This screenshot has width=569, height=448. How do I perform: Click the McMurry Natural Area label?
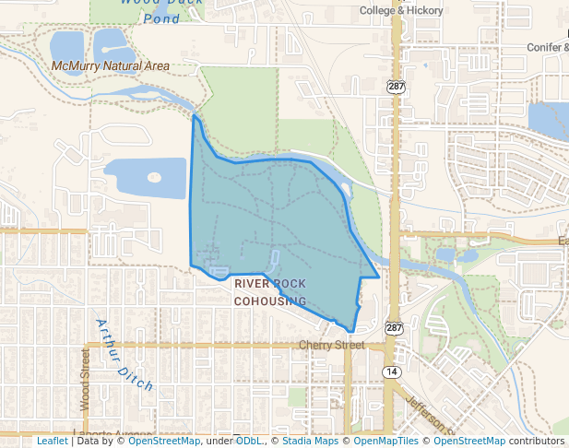coord(111,66)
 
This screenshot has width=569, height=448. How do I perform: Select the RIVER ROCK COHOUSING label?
coord(270,292)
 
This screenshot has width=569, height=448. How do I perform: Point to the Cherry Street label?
coord(332,345)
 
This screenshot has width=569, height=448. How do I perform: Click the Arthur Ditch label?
coord(125,354)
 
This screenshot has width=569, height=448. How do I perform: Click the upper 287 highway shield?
coord(395,86)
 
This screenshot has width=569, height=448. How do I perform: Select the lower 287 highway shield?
coord(394,328)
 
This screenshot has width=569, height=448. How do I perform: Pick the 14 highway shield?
coord(392,371)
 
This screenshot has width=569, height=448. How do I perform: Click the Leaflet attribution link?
coord(52,441)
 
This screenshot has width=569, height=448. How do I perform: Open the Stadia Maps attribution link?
coord(310,441)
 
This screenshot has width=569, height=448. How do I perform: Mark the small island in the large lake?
coord(154,177)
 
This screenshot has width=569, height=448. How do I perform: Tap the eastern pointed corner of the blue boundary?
coord(379,277)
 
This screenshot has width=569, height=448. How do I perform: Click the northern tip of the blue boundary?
coord(194,117)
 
